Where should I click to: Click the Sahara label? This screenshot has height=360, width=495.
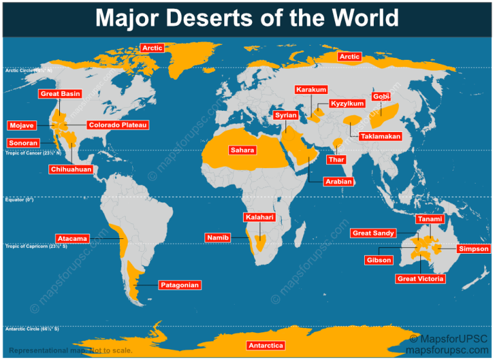pos(243,150)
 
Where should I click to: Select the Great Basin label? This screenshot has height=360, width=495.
pos(60,94)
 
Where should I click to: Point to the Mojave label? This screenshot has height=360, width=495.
pos(21,125)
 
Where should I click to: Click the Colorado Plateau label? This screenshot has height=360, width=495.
pos(117,125)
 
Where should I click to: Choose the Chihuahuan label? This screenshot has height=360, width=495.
pos(70,169)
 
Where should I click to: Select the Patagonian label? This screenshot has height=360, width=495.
pos(179,285)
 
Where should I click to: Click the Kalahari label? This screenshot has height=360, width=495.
pos(259,217)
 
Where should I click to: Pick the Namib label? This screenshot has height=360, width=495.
pos(217,238)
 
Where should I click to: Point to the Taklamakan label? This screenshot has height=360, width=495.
pos(380,137)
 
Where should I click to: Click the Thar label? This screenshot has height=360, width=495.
pos(336,159)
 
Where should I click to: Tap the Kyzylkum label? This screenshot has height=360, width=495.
pos(347,104)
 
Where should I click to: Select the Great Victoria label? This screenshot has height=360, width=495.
pos(420,279)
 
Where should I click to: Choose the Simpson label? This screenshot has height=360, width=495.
pos(474,249)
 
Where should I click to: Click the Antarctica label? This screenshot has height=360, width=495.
pos(266,346)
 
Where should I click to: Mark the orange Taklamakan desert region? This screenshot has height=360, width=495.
pos(353,120)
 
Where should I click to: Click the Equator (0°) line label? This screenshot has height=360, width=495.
pos(19,200)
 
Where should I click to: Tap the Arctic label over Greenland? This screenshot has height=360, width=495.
pos(152,48)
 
